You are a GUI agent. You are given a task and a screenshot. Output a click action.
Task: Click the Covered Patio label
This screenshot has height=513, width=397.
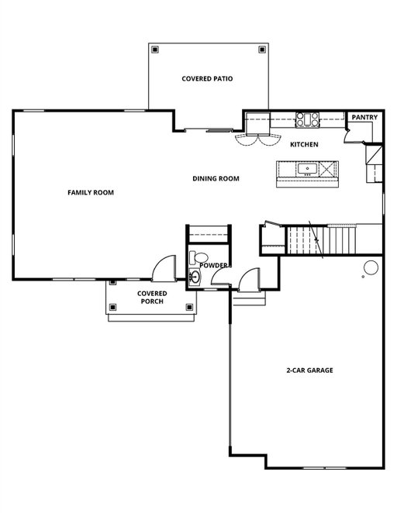(x=207, y=79)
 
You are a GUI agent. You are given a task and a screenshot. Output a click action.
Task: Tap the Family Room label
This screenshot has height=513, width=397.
(x=91, y=193)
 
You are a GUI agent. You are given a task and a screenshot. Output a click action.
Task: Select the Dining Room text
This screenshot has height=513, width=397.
(x=216, y=179)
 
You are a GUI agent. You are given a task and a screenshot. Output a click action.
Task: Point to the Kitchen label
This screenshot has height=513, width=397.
(x=304, y=145)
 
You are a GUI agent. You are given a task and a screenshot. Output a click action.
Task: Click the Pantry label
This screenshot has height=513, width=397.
(x=364, y=117)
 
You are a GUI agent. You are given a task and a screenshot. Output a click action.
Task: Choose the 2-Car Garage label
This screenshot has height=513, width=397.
(x=309, y=370)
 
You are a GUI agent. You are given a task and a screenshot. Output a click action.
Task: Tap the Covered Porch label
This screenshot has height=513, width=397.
(x=152, y=298)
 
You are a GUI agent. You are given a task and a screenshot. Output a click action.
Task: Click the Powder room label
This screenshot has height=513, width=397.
(x=213, y=265)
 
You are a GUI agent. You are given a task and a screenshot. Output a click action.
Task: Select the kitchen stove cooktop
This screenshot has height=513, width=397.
(x=307, y=119)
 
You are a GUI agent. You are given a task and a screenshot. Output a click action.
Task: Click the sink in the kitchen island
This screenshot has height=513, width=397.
(x=307, y=169)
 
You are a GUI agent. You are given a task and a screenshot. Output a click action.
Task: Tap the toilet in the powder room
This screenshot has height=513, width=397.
(x=198, y=257)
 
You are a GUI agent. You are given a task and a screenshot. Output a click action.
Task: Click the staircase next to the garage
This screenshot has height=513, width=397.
(x=321, y=240)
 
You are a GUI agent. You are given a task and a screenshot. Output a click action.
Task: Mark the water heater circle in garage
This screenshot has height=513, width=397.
(x=371, y=267)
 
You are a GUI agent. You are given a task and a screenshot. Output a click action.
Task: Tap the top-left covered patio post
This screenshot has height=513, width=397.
(x=155, y=50)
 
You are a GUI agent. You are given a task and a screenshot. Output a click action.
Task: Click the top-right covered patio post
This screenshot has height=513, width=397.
(x=262, y=50)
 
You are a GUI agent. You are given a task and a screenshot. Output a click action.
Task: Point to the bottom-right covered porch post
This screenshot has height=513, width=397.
(x=189, y=307)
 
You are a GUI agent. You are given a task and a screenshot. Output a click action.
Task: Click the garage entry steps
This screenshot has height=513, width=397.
(x=249, y=298)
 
